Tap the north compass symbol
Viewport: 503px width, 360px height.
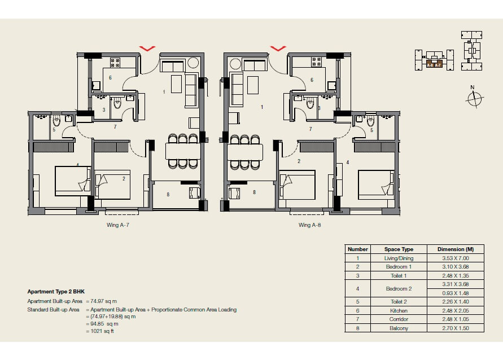point(475,98)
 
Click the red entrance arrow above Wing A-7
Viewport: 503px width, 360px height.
point(147,49)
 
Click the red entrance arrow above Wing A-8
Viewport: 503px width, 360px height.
point(278,49)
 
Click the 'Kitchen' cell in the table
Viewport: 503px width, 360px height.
point(399,310)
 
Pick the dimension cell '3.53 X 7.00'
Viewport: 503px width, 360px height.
point(455,258)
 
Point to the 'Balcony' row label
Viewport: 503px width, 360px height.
point(399,328)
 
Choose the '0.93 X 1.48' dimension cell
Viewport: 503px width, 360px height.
point(455,293)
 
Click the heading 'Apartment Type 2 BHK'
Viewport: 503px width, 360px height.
point(56,292)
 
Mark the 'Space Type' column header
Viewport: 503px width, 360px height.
point(399,249)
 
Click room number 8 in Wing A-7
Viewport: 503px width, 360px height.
point(168,195)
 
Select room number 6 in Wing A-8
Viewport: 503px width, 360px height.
point(312,80)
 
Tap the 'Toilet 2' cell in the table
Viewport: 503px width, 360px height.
point(399,302)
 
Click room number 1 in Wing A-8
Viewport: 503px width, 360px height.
point(262,106)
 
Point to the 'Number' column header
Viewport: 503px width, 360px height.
point(358,249)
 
